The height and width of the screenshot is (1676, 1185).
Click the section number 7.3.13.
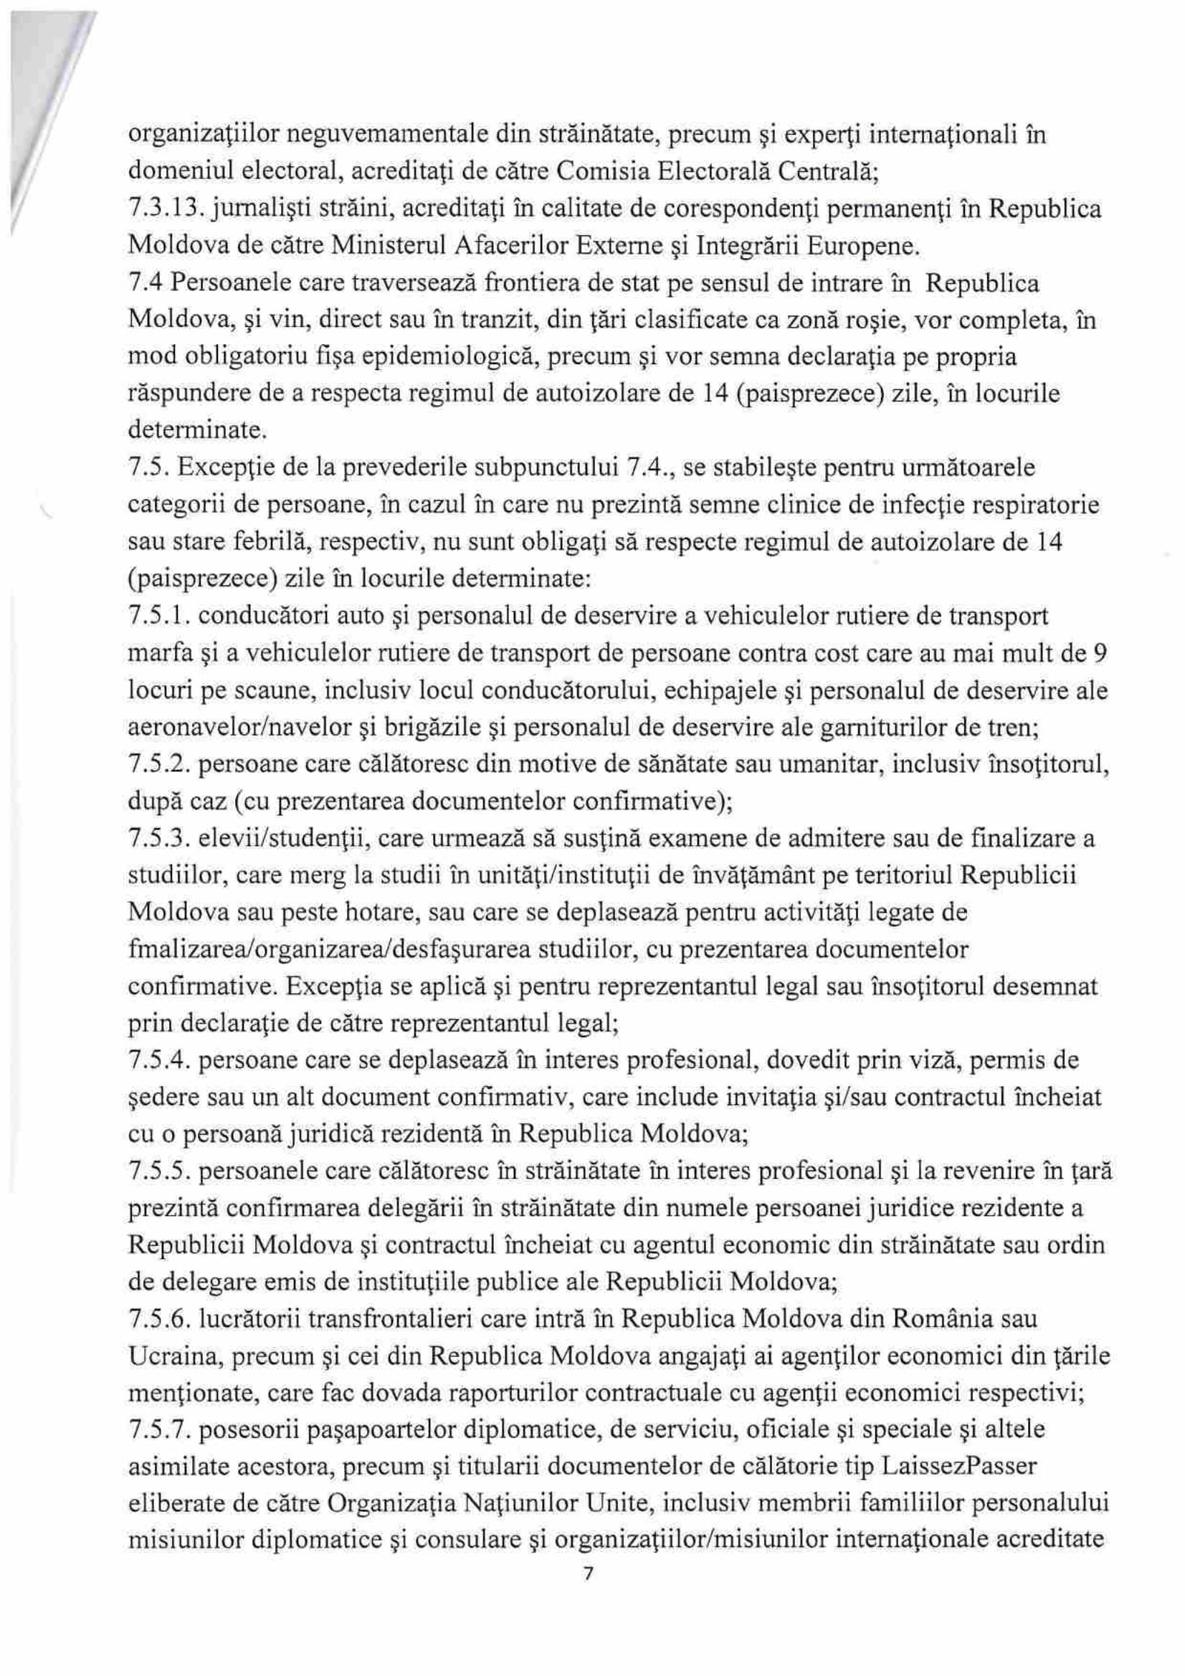tap(159, 209)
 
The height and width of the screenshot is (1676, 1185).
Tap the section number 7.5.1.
tap(157, 616)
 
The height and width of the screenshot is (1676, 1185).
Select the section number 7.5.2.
tap(157, 765)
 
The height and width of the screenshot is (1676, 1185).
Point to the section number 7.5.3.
tap(157, 839)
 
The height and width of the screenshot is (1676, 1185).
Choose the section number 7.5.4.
tap(157, 1060)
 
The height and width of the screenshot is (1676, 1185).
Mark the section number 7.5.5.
tap(157, 1171)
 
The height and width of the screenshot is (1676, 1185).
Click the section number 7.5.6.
tap(157, 1319)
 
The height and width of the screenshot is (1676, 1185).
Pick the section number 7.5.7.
tap(157, 1429)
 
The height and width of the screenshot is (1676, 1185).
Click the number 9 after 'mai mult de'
tap(1103, 653)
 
